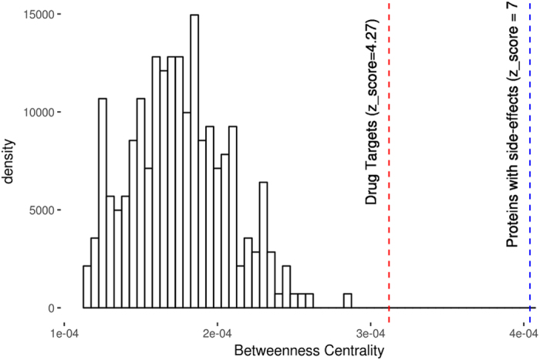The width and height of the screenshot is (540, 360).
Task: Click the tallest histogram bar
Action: coord(194,161)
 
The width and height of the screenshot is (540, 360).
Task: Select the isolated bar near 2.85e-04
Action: coord(348,301)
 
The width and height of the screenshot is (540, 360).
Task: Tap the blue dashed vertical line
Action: coord(530,193)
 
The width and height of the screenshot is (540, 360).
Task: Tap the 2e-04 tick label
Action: coord(218,328)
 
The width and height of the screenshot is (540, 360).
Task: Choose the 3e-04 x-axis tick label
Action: coord(371,328)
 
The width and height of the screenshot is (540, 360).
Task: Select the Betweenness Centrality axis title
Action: coord(297,348)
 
